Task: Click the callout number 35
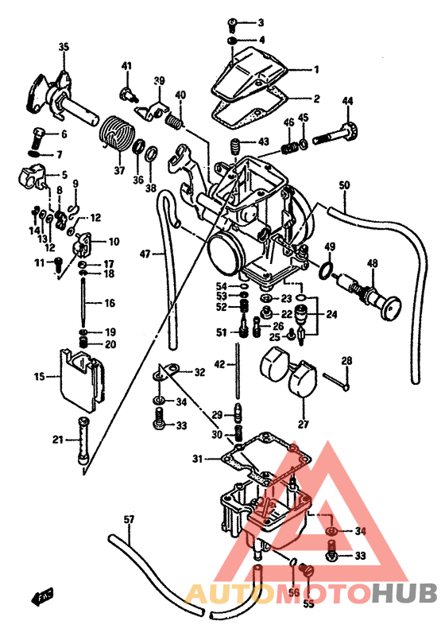coord(64,48)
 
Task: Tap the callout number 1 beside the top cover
coord(315,69)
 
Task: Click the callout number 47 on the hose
coord(145,254)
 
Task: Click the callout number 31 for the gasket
coord(197,460)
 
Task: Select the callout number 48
coord(373,263)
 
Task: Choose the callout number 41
coord(126,65)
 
